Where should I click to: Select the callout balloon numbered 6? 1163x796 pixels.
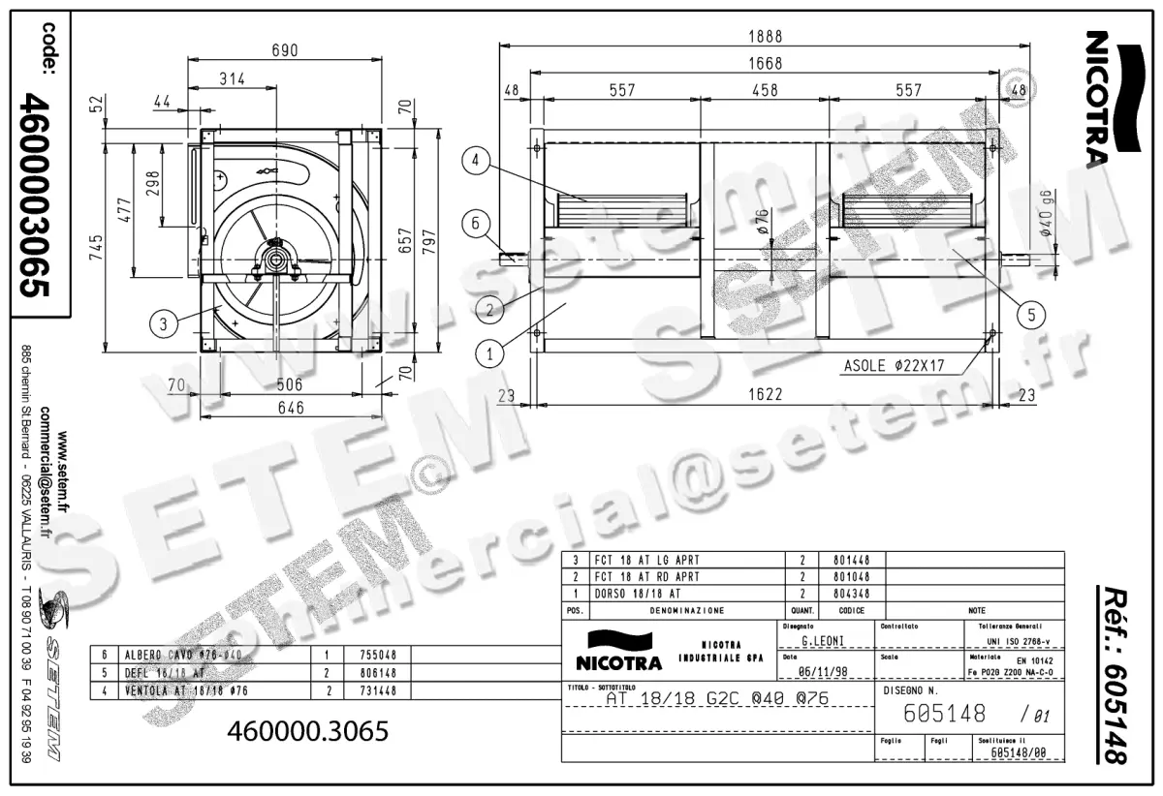pos(475,223)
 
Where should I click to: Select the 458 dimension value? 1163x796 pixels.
pos(766,90)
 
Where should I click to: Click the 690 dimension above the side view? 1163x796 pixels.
pos(283,50)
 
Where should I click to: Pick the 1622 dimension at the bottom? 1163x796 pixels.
pos(766,395)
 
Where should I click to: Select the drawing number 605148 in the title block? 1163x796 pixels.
pos(944,714)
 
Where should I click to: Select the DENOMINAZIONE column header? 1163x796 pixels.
pos(686,611)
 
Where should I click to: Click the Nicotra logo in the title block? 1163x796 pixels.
pos(619,651)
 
